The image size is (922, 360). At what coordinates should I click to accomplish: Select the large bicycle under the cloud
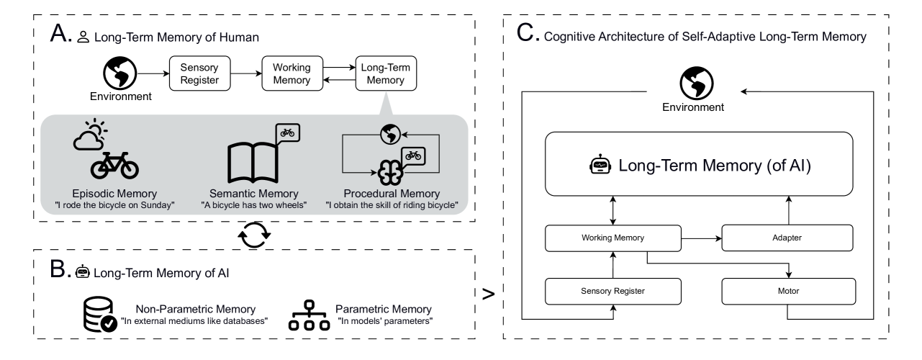pos(114,166)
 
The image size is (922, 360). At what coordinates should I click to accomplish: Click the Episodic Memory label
pos(114,194)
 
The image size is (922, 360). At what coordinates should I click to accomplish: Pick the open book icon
pos(253,161)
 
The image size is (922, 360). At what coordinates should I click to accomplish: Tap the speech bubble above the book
pos(288,132)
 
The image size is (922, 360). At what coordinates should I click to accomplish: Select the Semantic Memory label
pos(253,194)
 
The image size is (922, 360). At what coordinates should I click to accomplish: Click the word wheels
pos(290,205)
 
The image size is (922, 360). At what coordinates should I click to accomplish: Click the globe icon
pos(389,134)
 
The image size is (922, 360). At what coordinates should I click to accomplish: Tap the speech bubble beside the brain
pos(413,156)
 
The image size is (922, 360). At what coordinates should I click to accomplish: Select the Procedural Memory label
pos(392,194)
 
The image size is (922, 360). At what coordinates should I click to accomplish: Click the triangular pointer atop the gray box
pos(386,104)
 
